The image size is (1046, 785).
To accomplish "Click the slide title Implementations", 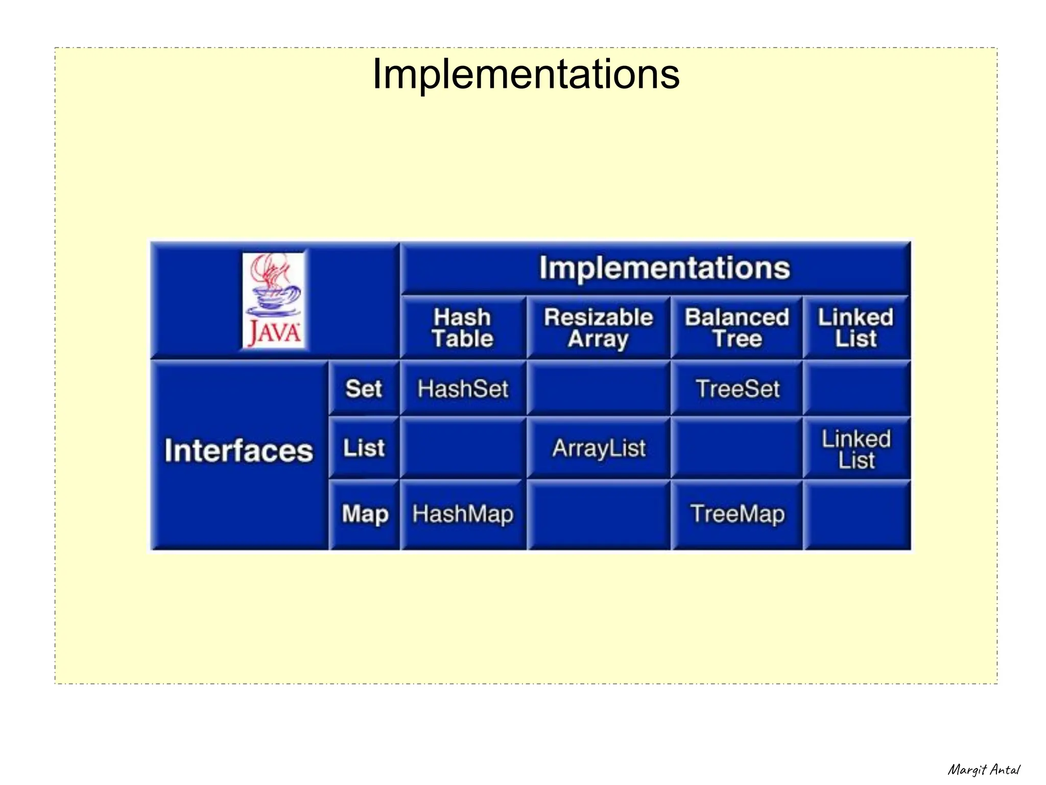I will point(526,75).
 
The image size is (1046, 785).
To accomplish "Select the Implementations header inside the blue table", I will point(664,268).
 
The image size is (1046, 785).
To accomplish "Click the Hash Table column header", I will point(463,328).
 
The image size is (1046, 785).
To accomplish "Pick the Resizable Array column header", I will point(598,328).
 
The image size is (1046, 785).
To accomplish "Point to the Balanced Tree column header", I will point(737,328).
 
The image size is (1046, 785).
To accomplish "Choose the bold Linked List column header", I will point(856,328).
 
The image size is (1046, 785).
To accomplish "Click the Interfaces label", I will point(239,451).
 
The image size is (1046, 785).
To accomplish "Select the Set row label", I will point(364,389).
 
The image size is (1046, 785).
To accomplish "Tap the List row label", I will point(364,448).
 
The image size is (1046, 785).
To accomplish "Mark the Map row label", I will point(365,514).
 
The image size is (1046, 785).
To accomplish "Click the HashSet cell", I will point(463,389).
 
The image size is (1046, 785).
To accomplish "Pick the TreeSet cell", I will point(737,389).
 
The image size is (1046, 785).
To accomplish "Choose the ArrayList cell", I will point(599,448).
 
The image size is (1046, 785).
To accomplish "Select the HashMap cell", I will point(463,514).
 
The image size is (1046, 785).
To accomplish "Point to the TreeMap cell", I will point(737,514).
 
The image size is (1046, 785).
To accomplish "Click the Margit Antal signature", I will point(983,769).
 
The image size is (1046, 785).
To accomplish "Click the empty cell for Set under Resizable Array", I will point(599,389).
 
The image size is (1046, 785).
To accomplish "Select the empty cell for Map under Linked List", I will point(857,515).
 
